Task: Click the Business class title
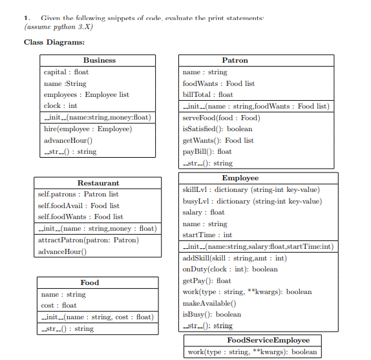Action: (x=100, y=60)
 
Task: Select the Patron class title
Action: (x=235, y=60)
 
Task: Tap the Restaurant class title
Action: (x=98, y=183)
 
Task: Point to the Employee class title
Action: (x=240, y=178)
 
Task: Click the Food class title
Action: (x=90, y=282)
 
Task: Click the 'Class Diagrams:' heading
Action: (x=54, y=42)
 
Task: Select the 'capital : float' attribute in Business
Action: (x=66, y=72)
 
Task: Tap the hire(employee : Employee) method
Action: (x=87, y=129)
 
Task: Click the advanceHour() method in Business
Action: (x=68, y=140)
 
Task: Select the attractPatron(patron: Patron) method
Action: (x=88, y=240)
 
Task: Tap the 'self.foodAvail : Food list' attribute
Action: (x=79, y=206)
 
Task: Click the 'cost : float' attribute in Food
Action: (x=59, y=305)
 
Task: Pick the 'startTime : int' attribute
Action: (x=207, y=235)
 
